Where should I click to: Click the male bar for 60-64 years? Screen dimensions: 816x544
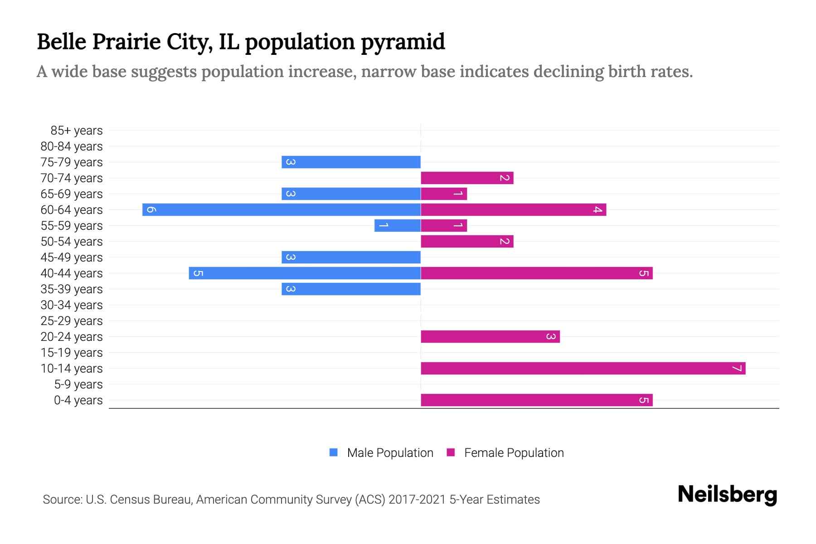281,209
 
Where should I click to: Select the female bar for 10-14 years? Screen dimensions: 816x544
583,368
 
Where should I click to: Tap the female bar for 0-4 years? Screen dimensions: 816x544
536,400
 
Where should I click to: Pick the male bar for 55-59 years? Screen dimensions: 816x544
398,225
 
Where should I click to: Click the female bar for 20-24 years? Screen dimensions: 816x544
490,336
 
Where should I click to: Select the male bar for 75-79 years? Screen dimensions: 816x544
351,162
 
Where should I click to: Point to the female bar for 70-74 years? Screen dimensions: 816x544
467,178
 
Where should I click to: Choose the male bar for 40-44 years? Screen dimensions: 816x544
305,273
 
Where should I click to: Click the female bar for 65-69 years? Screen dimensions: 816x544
444,194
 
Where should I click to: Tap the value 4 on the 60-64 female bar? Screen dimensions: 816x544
598,209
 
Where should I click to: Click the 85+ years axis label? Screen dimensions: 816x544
76,131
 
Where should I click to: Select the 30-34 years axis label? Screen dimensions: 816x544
72,305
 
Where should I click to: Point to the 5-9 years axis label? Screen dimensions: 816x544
78,384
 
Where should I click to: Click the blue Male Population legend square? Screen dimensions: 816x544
334,452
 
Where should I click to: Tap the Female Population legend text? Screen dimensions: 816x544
514,452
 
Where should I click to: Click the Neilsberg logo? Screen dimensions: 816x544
727,495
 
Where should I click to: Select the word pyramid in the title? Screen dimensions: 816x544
403,42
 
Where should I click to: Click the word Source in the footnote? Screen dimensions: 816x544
62,500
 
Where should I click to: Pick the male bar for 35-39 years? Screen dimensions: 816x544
351,289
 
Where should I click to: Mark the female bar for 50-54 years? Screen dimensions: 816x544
467,241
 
